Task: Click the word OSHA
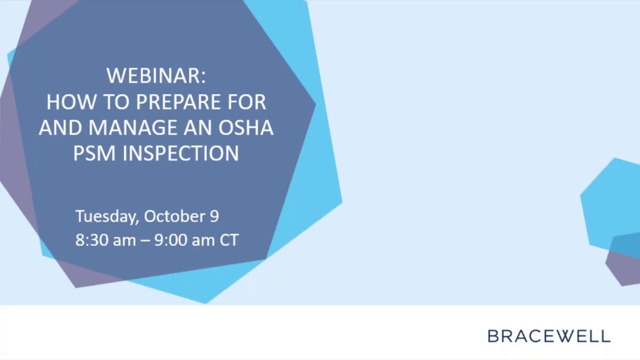[245, 127]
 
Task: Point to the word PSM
[95, 153]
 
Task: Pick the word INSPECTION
[181, 153]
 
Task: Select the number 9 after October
[213, 216]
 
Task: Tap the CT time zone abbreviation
[229, 240]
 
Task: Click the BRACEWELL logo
[548, 336]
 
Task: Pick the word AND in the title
[60, 127]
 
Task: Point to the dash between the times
[144, 240]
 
